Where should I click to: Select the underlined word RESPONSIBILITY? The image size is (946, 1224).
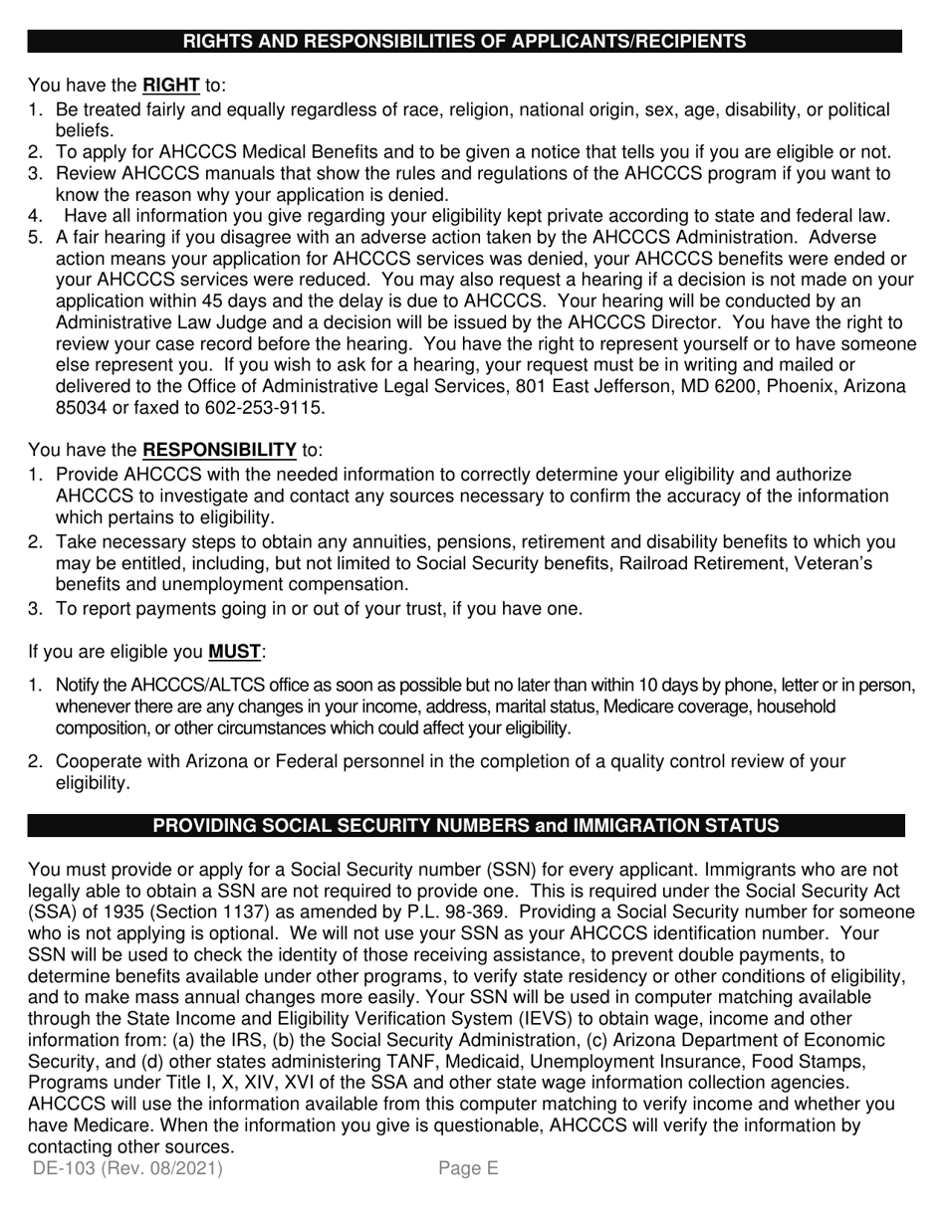click(x=219, y=450)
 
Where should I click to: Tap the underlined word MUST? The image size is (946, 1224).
click(x=234, y=653)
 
